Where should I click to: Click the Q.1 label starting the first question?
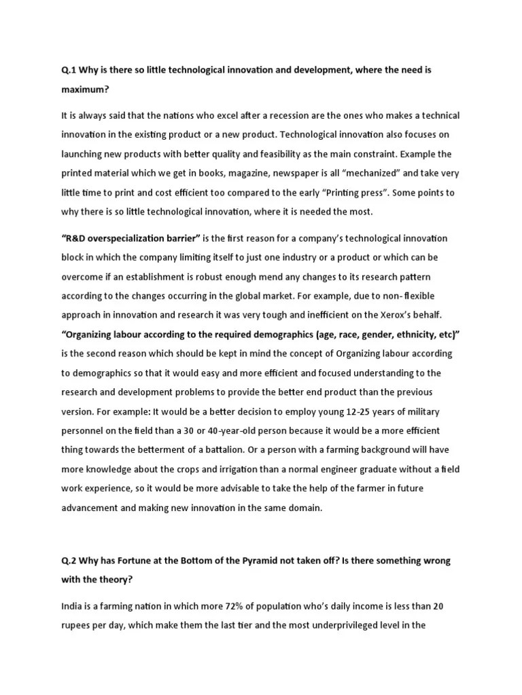pyautogui.click(x=69, y=69)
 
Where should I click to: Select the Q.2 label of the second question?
pyautogui.click(x=69, y=561)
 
